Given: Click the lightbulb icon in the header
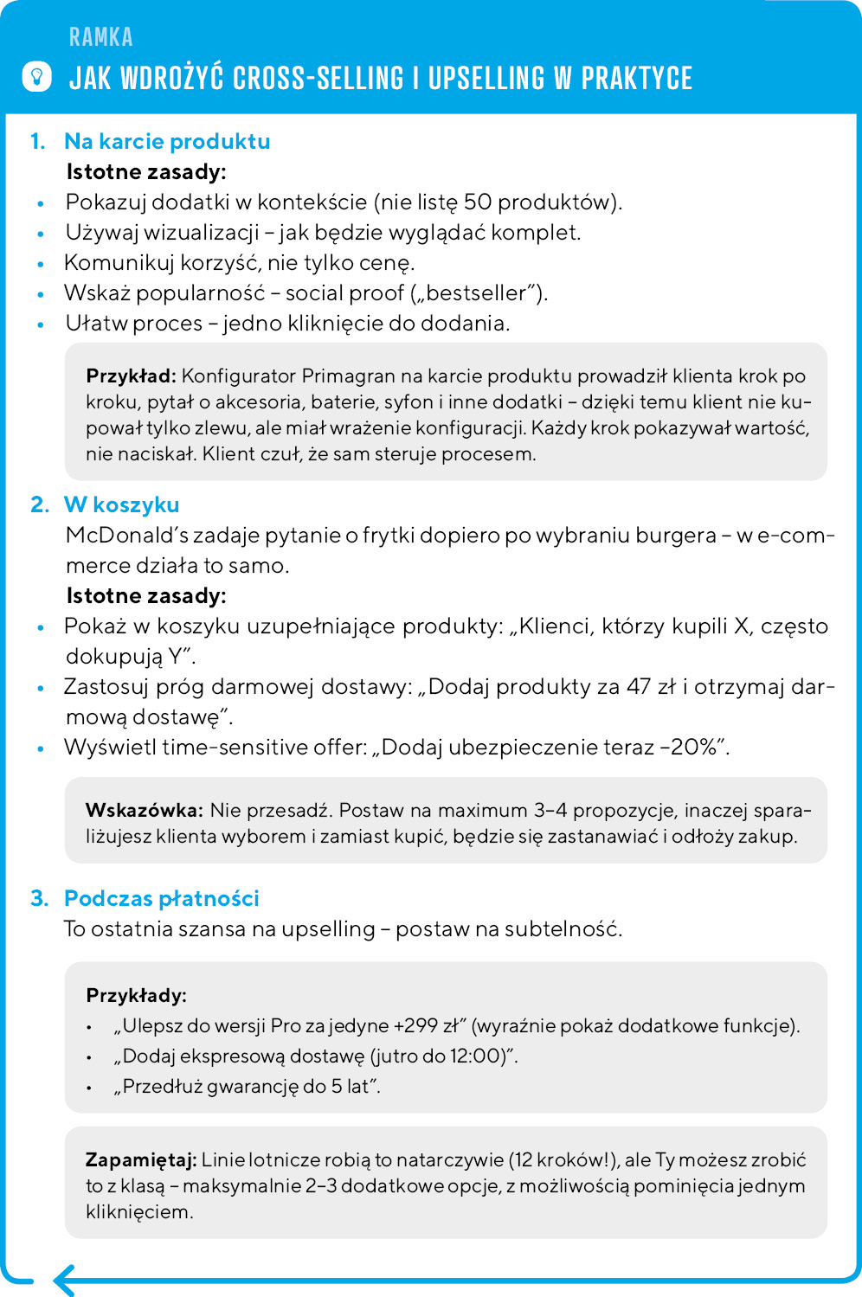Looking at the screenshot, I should click(x=36, y=76).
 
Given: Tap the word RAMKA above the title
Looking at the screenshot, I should click(x=101, y=37).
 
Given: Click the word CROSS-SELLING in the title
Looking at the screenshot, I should click(x=318, y=78).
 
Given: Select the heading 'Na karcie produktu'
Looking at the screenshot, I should click(x=167, y=141).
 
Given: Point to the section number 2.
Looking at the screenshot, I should click(x=39, y=504).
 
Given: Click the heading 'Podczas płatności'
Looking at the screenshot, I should click(x=162, y=898).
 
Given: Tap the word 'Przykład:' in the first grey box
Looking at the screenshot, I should click(x=131, y=376).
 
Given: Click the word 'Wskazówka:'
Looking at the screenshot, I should click(x=144, y=811).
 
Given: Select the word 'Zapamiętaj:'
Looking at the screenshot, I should click(x=141, y=1160).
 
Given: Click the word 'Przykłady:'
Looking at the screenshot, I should click(x=136, y=995).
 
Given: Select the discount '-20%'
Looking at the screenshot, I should click(x=689, y=748).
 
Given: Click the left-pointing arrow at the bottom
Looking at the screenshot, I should click(x=64, y=1280).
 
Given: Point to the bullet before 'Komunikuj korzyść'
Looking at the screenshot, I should click(x=41, y=265).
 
